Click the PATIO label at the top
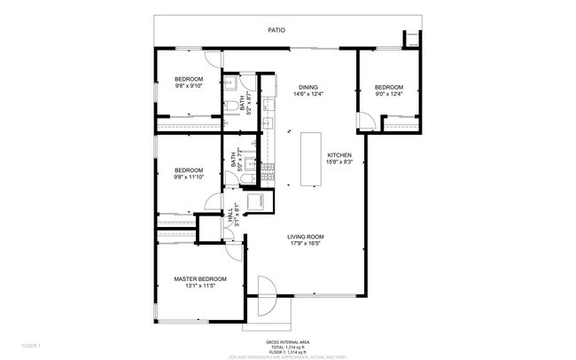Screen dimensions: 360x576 [x=277, y=30]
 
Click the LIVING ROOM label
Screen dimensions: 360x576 [x=305, y=236]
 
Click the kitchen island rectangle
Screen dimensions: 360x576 [x=310, y=160]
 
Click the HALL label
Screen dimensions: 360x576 [x=228, y=215]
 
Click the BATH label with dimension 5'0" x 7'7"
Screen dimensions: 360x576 [x=235, y=159]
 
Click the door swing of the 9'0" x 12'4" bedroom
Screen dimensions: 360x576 [x=365, y=123]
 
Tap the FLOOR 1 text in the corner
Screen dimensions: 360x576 [x=32, y=344]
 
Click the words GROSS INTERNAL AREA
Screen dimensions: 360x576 [x=287, y=341]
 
